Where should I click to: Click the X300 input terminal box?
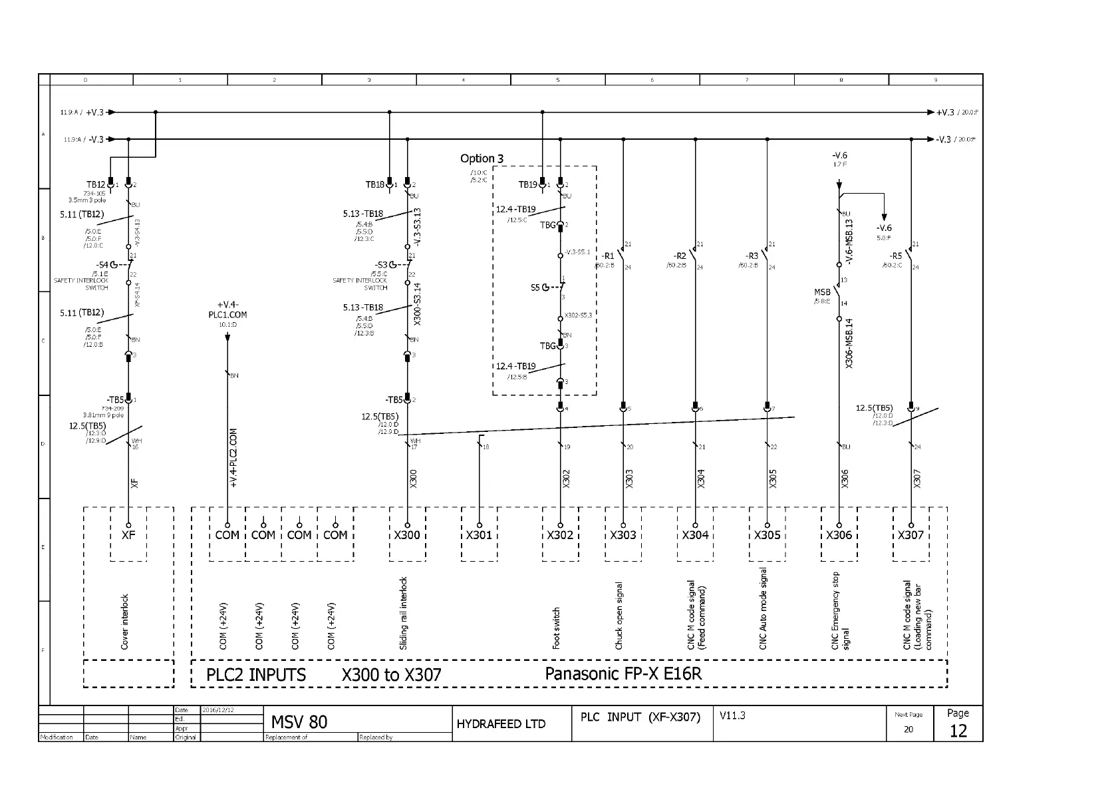[407, 534]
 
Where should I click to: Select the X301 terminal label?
[479, 535]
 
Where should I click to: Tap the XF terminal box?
[128, 534]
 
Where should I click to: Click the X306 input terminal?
[839, 534]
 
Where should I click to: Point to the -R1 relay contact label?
[608, 256]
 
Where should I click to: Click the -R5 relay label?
[896, 256]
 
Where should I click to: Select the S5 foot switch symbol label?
[535, 288]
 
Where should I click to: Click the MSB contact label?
[822, 292]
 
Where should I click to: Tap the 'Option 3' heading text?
[482, 158]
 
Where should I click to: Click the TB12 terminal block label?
[96, 184]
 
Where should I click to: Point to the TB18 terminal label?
[375, 184]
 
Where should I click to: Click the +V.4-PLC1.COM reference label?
[227, 309]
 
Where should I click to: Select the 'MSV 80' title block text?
[299, 722]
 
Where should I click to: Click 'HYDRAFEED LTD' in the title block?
[501, 724]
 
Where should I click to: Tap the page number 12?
[958, 731]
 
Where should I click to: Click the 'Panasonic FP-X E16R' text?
[623, 674]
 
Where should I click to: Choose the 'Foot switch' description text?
[557, 628]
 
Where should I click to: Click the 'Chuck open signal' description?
[619, 616]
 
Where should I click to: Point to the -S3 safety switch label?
[381, 265]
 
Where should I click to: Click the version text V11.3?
[732, 715]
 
